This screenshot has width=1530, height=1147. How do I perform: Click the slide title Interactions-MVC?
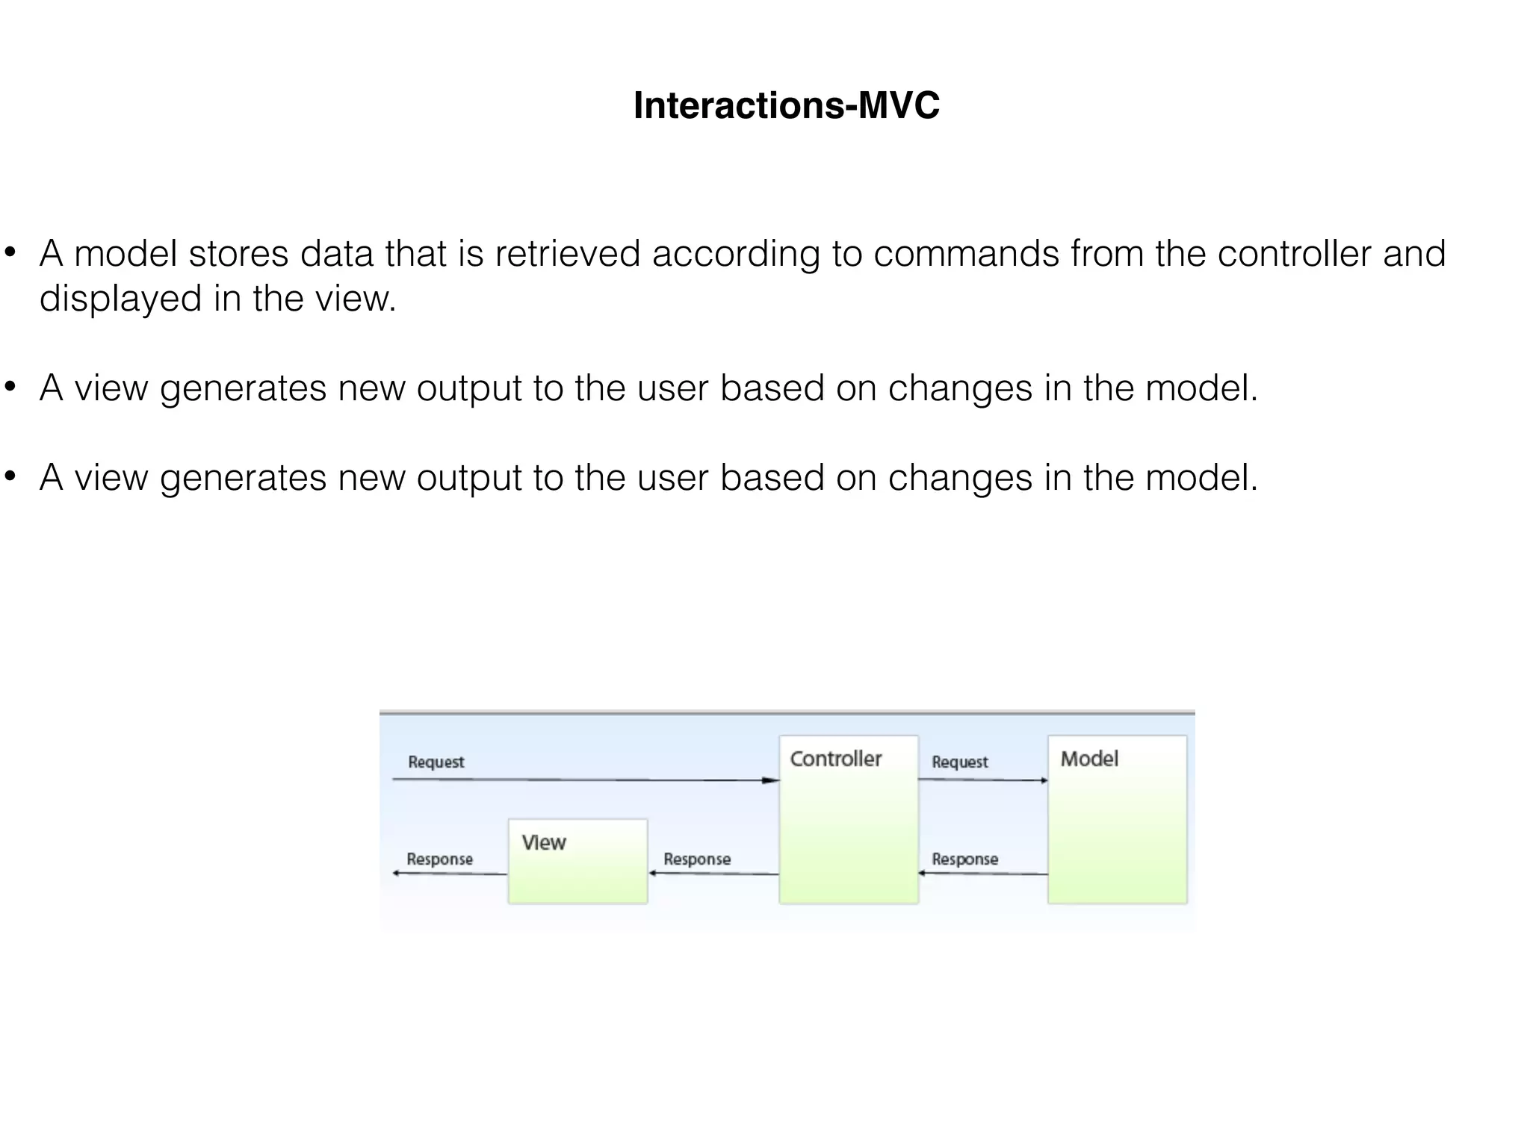(x=786, y=105)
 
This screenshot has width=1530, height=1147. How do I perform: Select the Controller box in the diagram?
(x=848, y=820)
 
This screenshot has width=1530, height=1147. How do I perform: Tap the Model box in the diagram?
(x=1117, y=820)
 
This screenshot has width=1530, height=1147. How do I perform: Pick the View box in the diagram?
(x=577, y=861)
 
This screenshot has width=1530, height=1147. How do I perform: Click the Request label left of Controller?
(x=436, y=762)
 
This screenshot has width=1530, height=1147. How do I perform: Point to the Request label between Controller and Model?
(x=959, y=762)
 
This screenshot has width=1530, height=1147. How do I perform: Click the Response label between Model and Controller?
(x=964, y=859)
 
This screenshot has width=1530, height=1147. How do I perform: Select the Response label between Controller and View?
(x=697, y=859)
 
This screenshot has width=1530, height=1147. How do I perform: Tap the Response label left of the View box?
(x=439, y=859)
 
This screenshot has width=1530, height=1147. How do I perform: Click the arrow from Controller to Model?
(x=982, y=780)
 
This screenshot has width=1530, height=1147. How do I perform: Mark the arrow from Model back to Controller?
(x=982, y=874)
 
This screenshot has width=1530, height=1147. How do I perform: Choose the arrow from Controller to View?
(x=713, y=874)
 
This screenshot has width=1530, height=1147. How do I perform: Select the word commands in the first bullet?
(x=966, y=254)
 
